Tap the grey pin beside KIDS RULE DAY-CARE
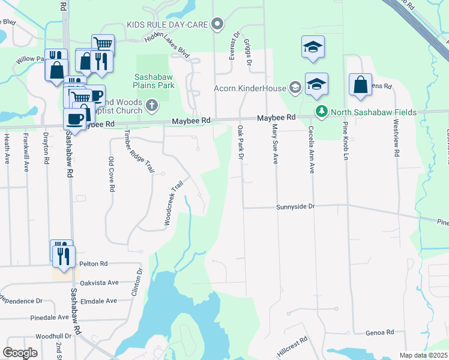218,25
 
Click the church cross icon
152,106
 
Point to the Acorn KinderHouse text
250,88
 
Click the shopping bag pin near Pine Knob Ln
360,86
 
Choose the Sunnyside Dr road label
295,206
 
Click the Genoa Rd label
381,332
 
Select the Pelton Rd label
95,263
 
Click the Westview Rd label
396,137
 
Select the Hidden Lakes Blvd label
167,46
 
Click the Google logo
20,352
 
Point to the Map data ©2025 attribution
423,355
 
